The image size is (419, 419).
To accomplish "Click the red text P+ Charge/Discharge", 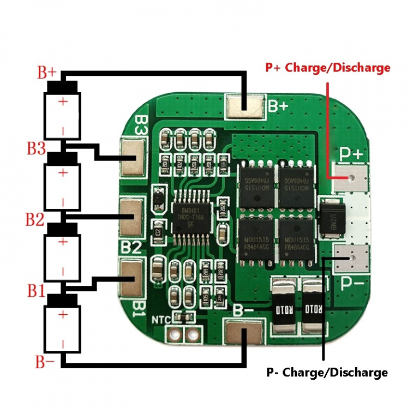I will [x=327, y=68].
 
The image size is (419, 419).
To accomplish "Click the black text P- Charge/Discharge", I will [x=327, y=373].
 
